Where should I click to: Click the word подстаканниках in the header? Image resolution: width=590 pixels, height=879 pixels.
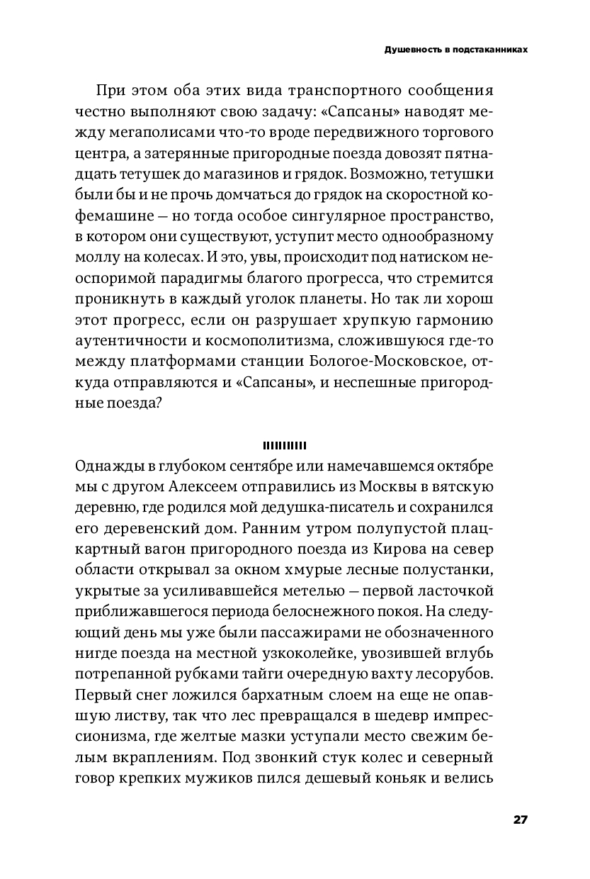click(493, 51)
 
